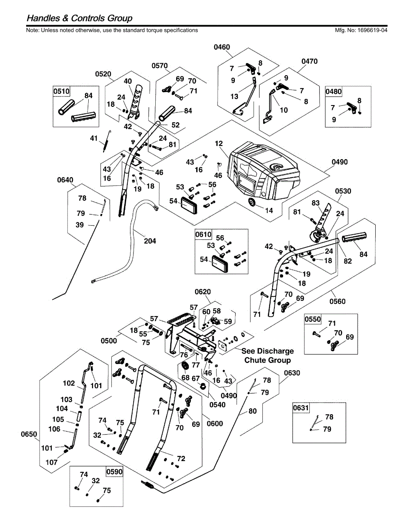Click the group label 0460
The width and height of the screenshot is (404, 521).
(x=222, y=47)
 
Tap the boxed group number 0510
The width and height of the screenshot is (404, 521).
(x=61, y=92)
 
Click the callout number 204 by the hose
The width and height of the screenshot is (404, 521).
(x=150, y=241)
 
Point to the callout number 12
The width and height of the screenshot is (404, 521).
(x=218, y=143)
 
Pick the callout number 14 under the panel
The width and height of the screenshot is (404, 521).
(x=269, y=211)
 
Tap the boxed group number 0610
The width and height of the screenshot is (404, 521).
(x=204, y=234)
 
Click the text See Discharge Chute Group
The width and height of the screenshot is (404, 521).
(x=267, y=356)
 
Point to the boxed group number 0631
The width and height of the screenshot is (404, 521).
(x=301, y=408)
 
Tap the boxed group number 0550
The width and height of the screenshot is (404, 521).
(x=313, y=319)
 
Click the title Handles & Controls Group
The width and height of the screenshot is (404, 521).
(x=80, y=18)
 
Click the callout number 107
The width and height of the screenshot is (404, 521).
(x=52, y=462)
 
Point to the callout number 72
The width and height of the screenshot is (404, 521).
(x=181, y=458)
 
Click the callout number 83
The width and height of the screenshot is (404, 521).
(x=315, y=203)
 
